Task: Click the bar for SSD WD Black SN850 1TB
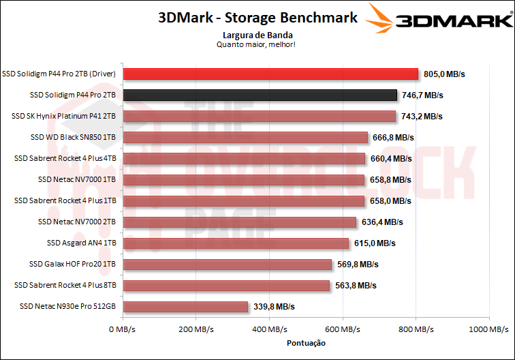click(x=245, y=137)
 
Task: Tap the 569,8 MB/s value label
click(x=357, y=265)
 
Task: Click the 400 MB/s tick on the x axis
click(x=270, y=329)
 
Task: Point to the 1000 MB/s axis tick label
click(x=488, y=329)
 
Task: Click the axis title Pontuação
click(x=306, y=343)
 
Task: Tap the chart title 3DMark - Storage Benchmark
click(x=257, y=18)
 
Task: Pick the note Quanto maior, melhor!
click(x=256, y=44)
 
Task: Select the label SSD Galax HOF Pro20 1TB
click(x=72, y=265)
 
